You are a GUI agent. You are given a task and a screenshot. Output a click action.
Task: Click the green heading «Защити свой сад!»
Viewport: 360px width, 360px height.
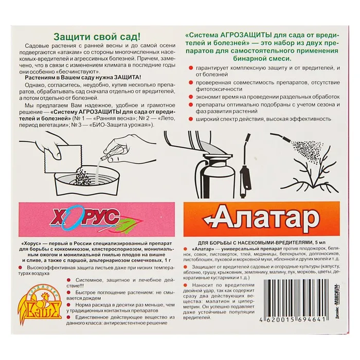tap(97, 37)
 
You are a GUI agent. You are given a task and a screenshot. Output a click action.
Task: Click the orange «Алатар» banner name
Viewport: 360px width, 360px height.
tap(261, 219)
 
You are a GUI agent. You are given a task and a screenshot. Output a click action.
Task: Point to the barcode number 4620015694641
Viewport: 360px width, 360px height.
tap(293, 319)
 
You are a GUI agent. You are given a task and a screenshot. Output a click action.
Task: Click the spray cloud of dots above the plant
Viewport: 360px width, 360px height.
tap(307, 151)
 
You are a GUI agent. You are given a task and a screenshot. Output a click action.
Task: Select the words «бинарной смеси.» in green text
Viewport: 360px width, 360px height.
tap(262, 59)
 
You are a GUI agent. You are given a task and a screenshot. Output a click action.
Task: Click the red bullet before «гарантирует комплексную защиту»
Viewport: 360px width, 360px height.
tap(191, 68)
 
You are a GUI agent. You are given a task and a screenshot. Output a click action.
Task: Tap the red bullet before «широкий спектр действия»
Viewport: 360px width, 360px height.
tap(191, 119)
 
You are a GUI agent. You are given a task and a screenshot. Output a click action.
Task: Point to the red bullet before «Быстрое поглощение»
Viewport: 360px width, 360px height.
tap(68, 293)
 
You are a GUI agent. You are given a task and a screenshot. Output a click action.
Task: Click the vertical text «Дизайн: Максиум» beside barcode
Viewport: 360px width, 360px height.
tap(337, 301)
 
